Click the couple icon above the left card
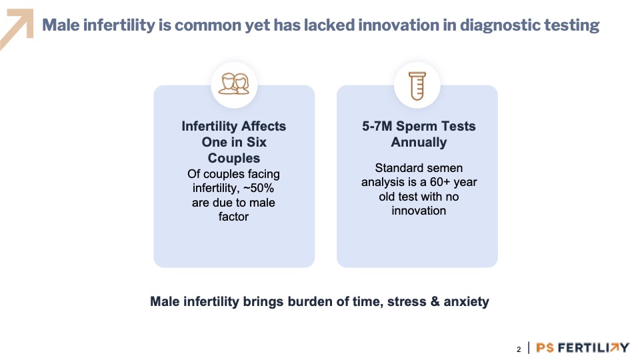pos(234,84)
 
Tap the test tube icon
pos(417,86)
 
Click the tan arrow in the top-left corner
pos(17,29)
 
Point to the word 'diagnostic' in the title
pos(499,25)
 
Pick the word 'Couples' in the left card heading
pos(234,159)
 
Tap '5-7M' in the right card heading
pos(377,126)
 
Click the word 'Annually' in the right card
pos(419,143)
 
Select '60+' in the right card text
pos(439,182)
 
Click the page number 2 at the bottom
pos(519,349)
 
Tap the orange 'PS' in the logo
pos(545,348)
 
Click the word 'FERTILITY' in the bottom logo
pos(593,348)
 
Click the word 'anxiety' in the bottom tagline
pos(466,302)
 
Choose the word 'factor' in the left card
pos(233,217)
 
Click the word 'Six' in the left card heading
pos(256,143)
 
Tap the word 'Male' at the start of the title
pos(61,25)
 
